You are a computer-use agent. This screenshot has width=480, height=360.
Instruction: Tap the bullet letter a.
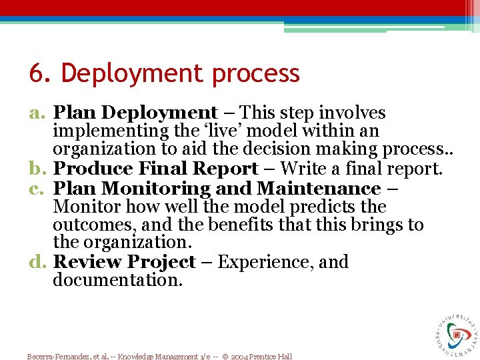pos(37,114)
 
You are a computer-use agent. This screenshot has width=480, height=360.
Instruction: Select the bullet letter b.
pos(37,170)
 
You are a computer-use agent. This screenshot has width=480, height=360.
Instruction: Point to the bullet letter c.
pos(37,189)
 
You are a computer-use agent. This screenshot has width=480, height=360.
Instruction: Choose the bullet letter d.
pos(37,262)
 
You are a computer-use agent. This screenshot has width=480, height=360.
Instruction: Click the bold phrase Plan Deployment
pos(135,114)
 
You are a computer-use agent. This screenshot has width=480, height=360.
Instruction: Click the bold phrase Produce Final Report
pos(155,170)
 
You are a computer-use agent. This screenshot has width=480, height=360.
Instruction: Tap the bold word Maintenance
pos(318,189)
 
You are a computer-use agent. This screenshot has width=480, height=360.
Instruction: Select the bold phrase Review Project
pos(124,262)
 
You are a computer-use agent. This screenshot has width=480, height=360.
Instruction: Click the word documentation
pos(117,280)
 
